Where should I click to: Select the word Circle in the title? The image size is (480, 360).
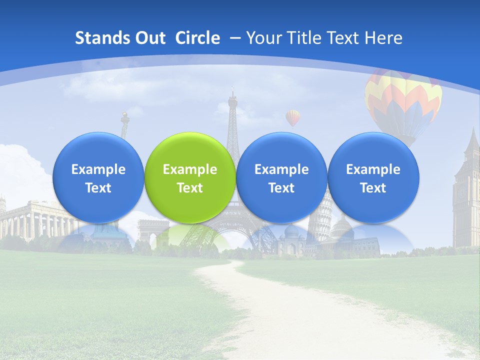197,38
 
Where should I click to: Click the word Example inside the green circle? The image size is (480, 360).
190,169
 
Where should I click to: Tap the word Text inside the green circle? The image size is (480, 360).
190,188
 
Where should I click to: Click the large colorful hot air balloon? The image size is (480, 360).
403,102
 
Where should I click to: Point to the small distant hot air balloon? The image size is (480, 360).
293,118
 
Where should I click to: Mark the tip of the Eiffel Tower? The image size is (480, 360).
232,90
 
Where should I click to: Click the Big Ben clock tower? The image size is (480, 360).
466,190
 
